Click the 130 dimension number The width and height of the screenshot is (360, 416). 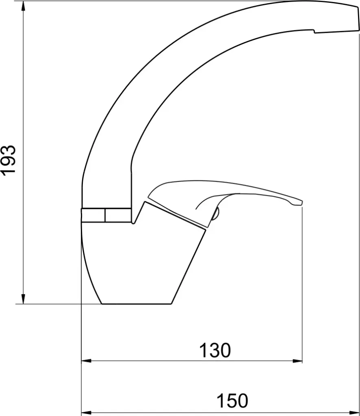(x=215, y=350)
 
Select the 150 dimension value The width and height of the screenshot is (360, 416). (x=232, y=401)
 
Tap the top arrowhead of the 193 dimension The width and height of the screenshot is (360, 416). (x=23, y=6)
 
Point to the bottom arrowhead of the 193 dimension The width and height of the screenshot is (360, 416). (x=23, y=299)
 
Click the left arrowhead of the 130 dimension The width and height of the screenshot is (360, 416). (x=86, y=361)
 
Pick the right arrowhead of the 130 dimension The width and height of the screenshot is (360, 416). (x=297, y=361)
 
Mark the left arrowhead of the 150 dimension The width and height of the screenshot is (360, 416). (x=86, y=413)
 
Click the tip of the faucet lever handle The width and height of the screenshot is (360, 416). (x=302, y=203)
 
